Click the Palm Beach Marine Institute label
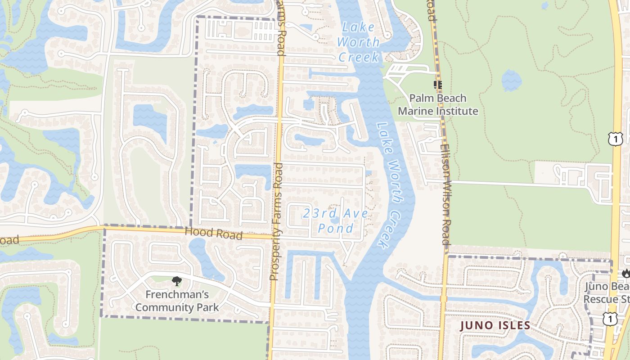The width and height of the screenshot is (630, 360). [x=437, y=104]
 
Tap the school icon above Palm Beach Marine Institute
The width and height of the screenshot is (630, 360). [x=437, y=85]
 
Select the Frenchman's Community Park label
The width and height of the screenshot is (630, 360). [x=177, y=301]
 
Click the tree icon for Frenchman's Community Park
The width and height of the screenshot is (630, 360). [x=176, y=282]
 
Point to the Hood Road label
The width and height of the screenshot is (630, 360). [x=214, y=234]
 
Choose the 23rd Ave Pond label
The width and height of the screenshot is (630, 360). [x=335, y=220]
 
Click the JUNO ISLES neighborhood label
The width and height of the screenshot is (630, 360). [x=495, y=325]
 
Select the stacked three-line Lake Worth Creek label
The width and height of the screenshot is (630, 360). [x=359, y=42]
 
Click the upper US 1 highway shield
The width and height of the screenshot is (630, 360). [x=615, y=139]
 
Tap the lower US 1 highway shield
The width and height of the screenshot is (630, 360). [x=609, y=319]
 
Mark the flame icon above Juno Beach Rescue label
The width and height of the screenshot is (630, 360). [x=625, y=273]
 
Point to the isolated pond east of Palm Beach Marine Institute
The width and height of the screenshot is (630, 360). [x=512, y=81]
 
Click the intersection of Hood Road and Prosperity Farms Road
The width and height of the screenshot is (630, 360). [x=275, y=236]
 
